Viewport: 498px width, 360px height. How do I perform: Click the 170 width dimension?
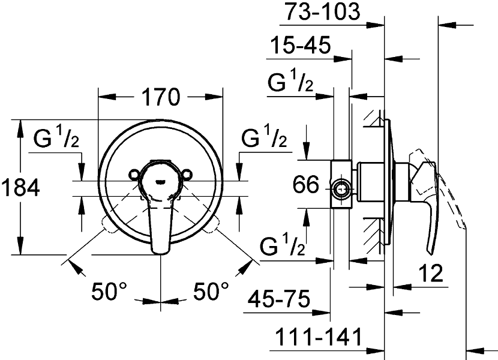(x=161, y=97)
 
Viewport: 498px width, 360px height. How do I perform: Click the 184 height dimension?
(x=20, y=187)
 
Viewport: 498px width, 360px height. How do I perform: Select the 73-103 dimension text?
(x=322, y=11)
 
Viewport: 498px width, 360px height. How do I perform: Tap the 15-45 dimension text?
(x=300, y=45)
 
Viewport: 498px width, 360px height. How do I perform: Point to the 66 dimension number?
(x=305, y=184)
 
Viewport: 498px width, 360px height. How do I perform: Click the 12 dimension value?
(x=431, y=273)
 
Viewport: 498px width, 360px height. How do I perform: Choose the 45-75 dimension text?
(x=278, y=299)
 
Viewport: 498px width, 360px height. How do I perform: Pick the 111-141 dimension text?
(x=319, y=337)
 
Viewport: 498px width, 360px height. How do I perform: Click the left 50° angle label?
(x=109, y=292)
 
